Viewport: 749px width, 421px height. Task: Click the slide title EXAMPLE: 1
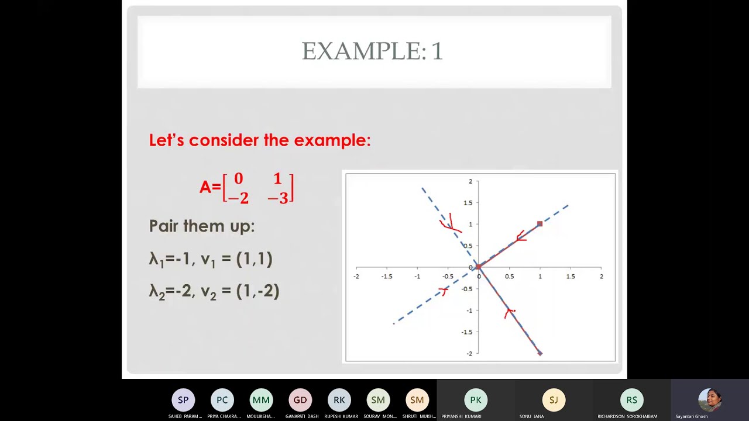coord(372,51)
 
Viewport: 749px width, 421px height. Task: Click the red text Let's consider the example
coord(260,140)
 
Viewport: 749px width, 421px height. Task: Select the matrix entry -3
coord(279,198)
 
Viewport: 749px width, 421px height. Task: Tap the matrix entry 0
coord(238,179)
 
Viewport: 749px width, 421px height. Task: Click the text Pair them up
coord(202,226)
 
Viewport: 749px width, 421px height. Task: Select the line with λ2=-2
coord(214,291)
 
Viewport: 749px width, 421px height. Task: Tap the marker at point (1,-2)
coord(540,353)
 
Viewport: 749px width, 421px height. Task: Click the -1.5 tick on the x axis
coord(386,276)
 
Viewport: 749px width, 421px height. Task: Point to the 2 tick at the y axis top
coord(470,181)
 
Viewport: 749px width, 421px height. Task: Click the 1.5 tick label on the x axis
coord(570,276)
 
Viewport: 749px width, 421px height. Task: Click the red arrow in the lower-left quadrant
coord(444,290)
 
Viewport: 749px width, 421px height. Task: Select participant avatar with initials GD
coord(300,400)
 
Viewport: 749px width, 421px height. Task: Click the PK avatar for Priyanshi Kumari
coord(476,400)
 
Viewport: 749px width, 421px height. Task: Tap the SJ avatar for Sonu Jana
coord(554,400)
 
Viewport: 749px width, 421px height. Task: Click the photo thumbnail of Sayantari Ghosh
coord(709,400)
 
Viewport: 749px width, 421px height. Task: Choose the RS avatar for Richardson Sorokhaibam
coord(631,400)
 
